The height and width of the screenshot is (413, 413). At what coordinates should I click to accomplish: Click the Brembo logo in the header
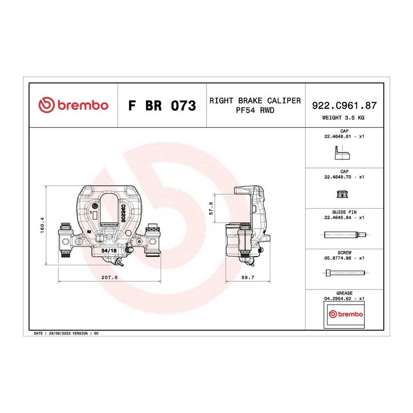pos(73,105)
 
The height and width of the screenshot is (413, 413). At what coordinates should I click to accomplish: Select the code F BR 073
pos(162,106)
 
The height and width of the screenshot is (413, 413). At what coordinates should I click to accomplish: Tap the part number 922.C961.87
pos(344,106)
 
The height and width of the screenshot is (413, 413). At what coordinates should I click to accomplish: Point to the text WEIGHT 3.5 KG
pos(343,118)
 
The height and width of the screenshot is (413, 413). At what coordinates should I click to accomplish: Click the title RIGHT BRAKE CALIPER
pos(255,100)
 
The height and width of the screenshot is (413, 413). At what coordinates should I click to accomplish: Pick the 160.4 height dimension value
pos(42,225)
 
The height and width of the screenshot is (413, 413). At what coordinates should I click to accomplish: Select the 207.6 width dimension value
pos(110,277)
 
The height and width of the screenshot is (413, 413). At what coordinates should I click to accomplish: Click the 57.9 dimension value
pos(211,208)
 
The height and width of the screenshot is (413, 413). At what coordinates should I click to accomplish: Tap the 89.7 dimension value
pos(248,277)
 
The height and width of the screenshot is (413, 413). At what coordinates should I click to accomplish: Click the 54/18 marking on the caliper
pos(109,251)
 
